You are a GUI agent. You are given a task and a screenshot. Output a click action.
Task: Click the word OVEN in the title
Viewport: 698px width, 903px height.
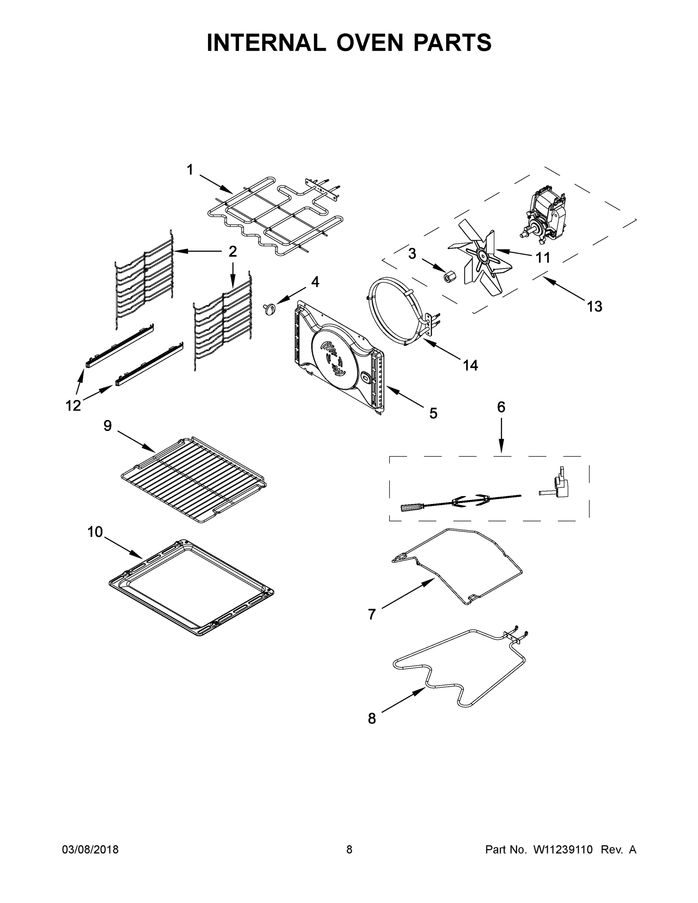pos(369,43)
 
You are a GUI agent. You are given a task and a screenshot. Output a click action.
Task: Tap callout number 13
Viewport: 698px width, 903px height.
pos(594,306)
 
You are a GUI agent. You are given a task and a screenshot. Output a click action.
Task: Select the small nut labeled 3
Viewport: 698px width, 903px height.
pos(447,275)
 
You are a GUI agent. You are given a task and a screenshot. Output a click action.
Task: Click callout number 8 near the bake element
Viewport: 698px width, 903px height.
pos(372,719)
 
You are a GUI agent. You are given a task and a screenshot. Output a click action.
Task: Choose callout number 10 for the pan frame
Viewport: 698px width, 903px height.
pos(95,532)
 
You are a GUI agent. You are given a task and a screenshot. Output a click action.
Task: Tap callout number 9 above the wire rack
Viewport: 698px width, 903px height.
pos(108,426)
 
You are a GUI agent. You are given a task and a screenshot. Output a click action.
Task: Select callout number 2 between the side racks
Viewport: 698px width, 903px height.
pos(233,251)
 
